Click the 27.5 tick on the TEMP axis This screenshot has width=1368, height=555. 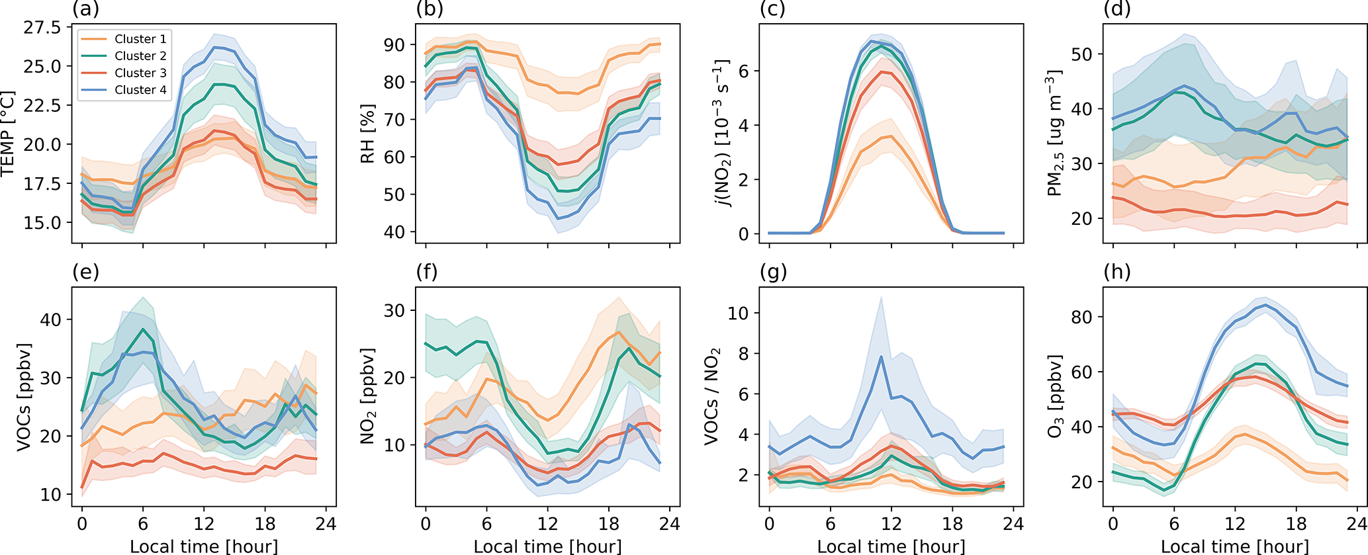click(x=42, y=28)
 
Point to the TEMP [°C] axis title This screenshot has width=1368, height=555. click(x=8, y=134)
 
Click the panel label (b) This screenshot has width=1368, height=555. click(x=430, y=9)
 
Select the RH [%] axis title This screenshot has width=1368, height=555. click(x=368, y=134)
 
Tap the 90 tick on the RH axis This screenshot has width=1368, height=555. click(x=395, y=45)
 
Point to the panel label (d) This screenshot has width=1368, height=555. click(x=1117, y=9)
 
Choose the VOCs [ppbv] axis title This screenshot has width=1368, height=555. click(x=24, y=397)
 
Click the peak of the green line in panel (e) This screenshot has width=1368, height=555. click(x=142, y=329)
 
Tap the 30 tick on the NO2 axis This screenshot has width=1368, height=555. click(x=395, y=311)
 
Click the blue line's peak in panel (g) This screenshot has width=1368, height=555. click(x=881, y=357)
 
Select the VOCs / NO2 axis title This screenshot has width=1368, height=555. click(x=711, y=397)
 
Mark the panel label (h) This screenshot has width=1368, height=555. click(x=1117, y=272)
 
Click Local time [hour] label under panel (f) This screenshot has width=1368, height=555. click(x=547, y=546)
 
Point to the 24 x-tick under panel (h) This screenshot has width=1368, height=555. click(x=1357, y=525)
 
